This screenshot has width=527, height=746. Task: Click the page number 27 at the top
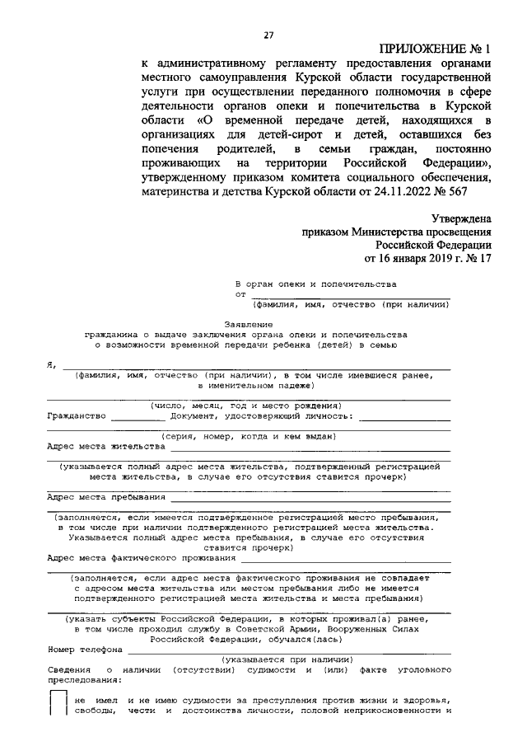268,34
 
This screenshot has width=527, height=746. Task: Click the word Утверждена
462,219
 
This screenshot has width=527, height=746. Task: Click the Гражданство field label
77,415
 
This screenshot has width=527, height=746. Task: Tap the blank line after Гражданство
138,417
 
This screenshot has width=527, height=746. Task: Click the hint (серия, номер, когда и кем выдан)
247,435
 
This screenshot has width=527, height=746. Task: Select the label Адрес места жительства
106,446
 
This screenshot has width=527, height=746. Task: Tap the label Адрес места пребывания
106,497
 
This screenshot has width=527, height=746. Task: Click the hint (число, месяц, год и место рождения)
245,406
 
